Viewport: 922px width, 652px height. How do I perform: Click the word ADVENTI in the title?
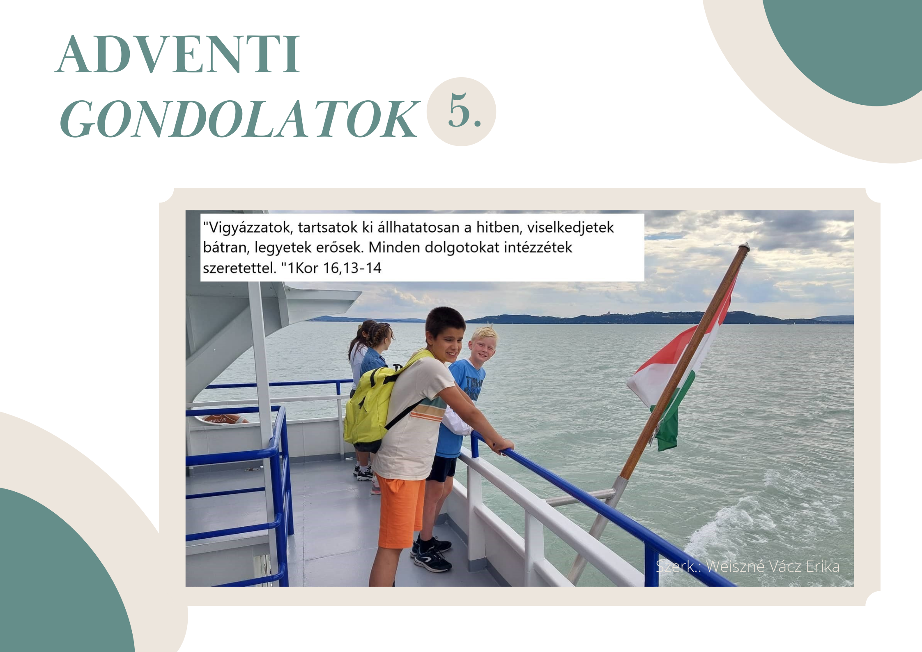pyautogui.click(x=177, y=54)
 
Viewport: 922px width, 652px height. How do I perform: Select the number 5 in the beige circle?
pyautogui.click(x=459, y=110)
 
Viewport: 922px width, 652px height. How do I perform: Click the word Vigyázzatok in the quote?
pyautogui.click(x=249, y=228)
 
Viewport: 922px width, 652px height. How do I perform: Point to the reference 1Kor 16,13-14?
pyautogui.click(x=334, y=268)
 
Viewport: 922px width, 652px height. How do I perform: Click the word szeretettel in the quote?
pyautogui.click(x=239, y=268)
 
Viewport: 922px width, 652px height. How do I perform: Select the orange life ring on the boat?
pyautogui.click(x=222, y=419)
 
